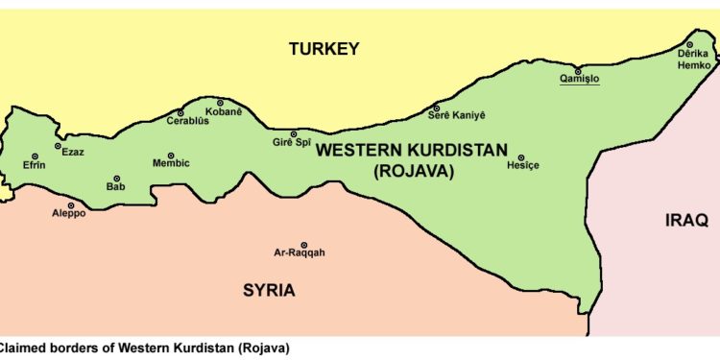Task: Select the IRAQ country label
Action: click(x=686, y=221)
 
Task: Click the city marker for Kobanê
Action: click(x=220, y=103)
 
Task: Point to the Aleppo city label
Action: click(x=68, y=214)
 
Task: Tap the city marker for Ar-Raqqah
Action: click(x=304, y=245)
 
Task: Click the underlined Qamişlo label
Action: click(x=580, y=82)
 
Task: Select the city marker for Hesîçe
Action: click(x=522, y=157)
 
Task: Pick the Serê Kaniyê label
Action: click(x=456, y=116)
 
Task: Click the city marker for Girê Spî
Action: click(x=294, y=134)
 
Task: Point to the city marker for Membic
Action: click(x=171, y=156)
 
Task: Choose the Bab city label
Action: click(x=116, y=186)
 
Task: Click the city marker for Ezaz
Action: click(x=59, y=146)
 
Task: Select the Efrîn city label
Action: click(x=35, y=164)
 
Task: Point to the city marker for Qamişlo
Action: click(x=577, y=71)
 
